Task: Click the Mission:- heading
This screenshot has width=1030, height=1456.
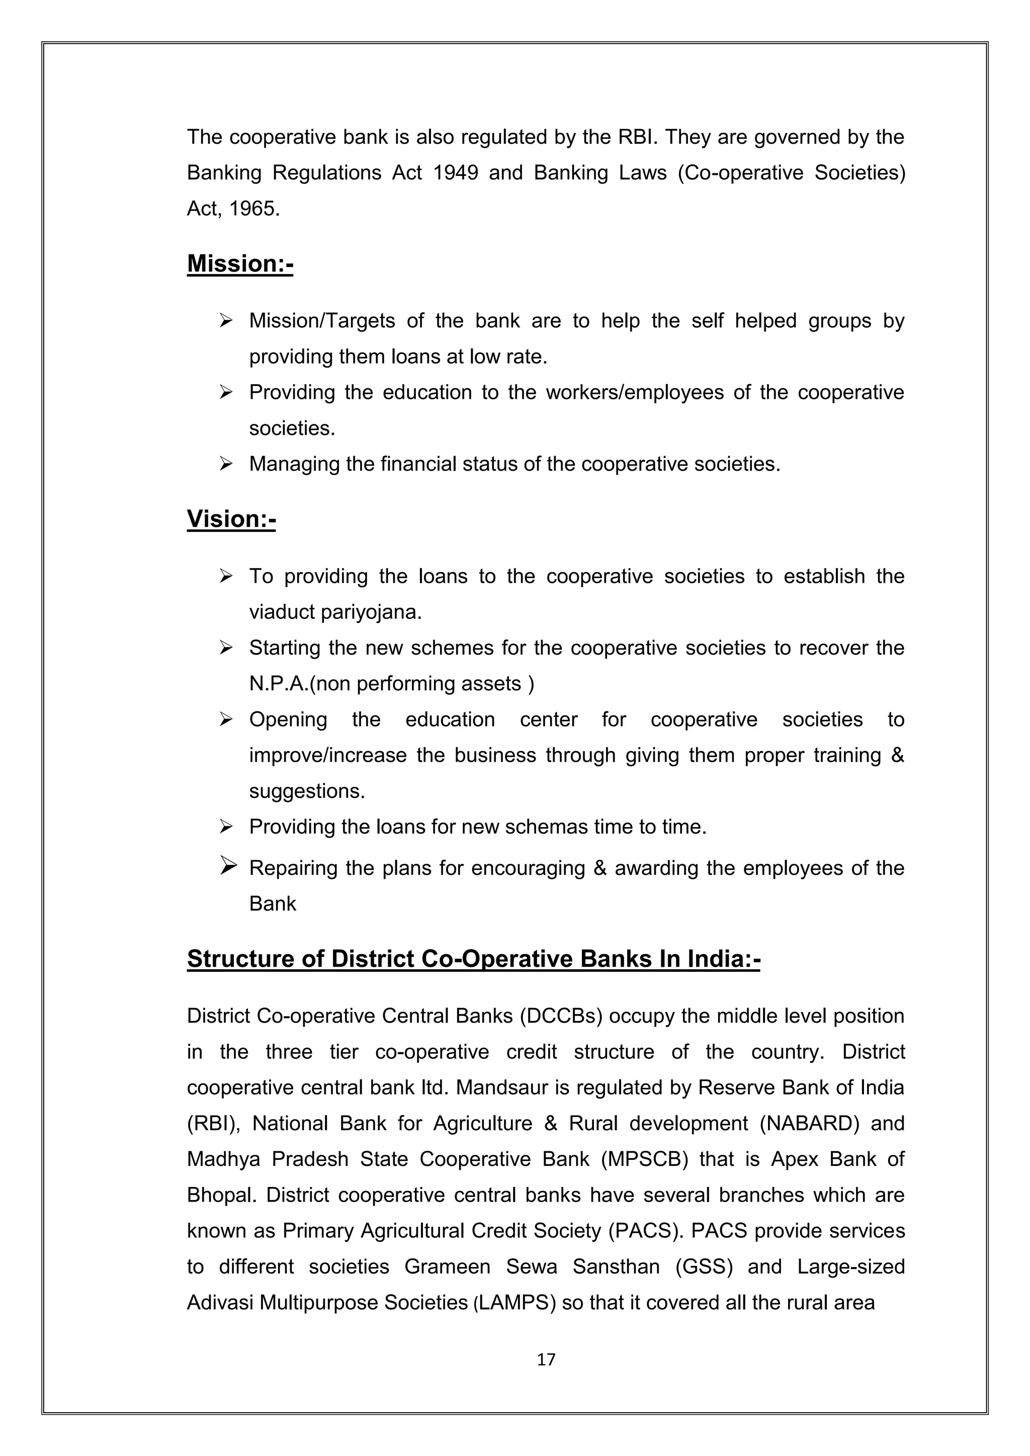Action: (240, 264)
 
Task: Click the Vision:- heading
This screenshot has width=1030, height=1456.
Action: (231, 519)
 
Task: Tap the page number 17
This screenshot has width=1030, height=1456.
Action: (546, 1359)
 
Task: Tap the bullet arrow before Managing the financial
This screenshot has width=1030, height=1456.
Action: (226, 464)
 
